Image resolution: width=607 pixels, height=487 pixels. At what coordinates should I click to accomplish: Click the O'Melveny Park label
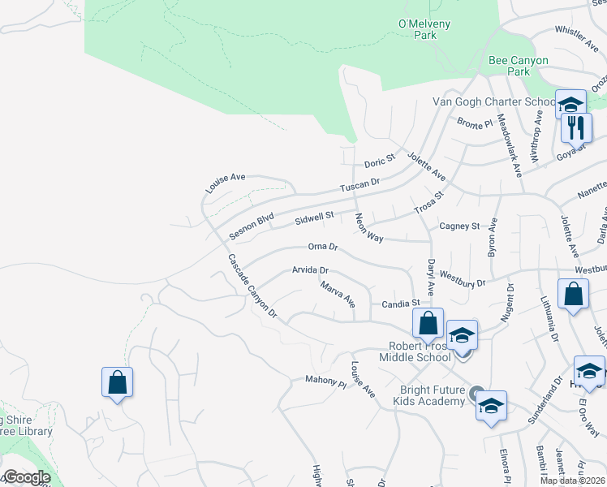pyautogui.click(x=424, y=30)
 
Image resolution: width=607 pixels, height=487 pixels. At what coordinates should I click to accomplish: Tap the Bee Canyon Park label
pyautogui.click(x=519, y=66)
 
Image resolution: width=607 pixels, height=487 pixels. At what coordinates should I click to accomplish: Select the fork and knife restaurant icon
pyautogui.click(x=576, y=128)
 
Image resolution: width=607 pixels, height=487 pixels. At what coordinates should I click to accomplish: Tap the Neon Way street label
pyautogui.click(x=368, y=228)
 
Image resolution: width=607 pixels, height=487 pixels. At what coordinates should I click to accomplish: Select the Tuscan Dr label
pyautogui.click(x=359, y=185)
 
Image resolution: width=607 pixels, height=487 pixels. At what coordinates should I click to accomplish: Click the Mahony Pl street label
pyautogui.click(x=325, y=379)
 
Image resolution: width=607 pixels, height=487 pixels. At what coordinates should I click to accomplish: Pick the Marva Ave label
pyautogui.click(x=338, y=295)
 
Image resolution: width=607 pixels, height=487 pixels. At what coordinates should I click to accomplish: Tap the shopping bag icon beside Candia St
pyautogui.click(x=428, y=323)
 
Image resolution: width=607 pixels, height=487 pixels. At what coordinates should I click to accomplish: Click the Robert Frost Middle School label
pyautogui.click(x=419, y=351)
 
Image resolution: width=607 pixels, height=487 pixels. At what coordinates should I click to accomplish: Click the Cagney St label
pyautogui.click(x=459, y=226)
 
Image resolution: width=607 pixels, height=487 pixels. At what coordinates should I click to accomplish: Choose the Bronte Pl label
pyautogui.click(x=475, y=123)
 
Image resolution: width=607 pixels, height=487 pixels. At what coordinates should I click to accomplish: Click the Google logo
pyautogui.click(x=26, y=477)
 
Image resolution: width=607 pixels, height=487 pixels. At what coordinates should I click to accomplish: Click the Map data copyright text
pyautogui.click(x=572, y=481)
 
